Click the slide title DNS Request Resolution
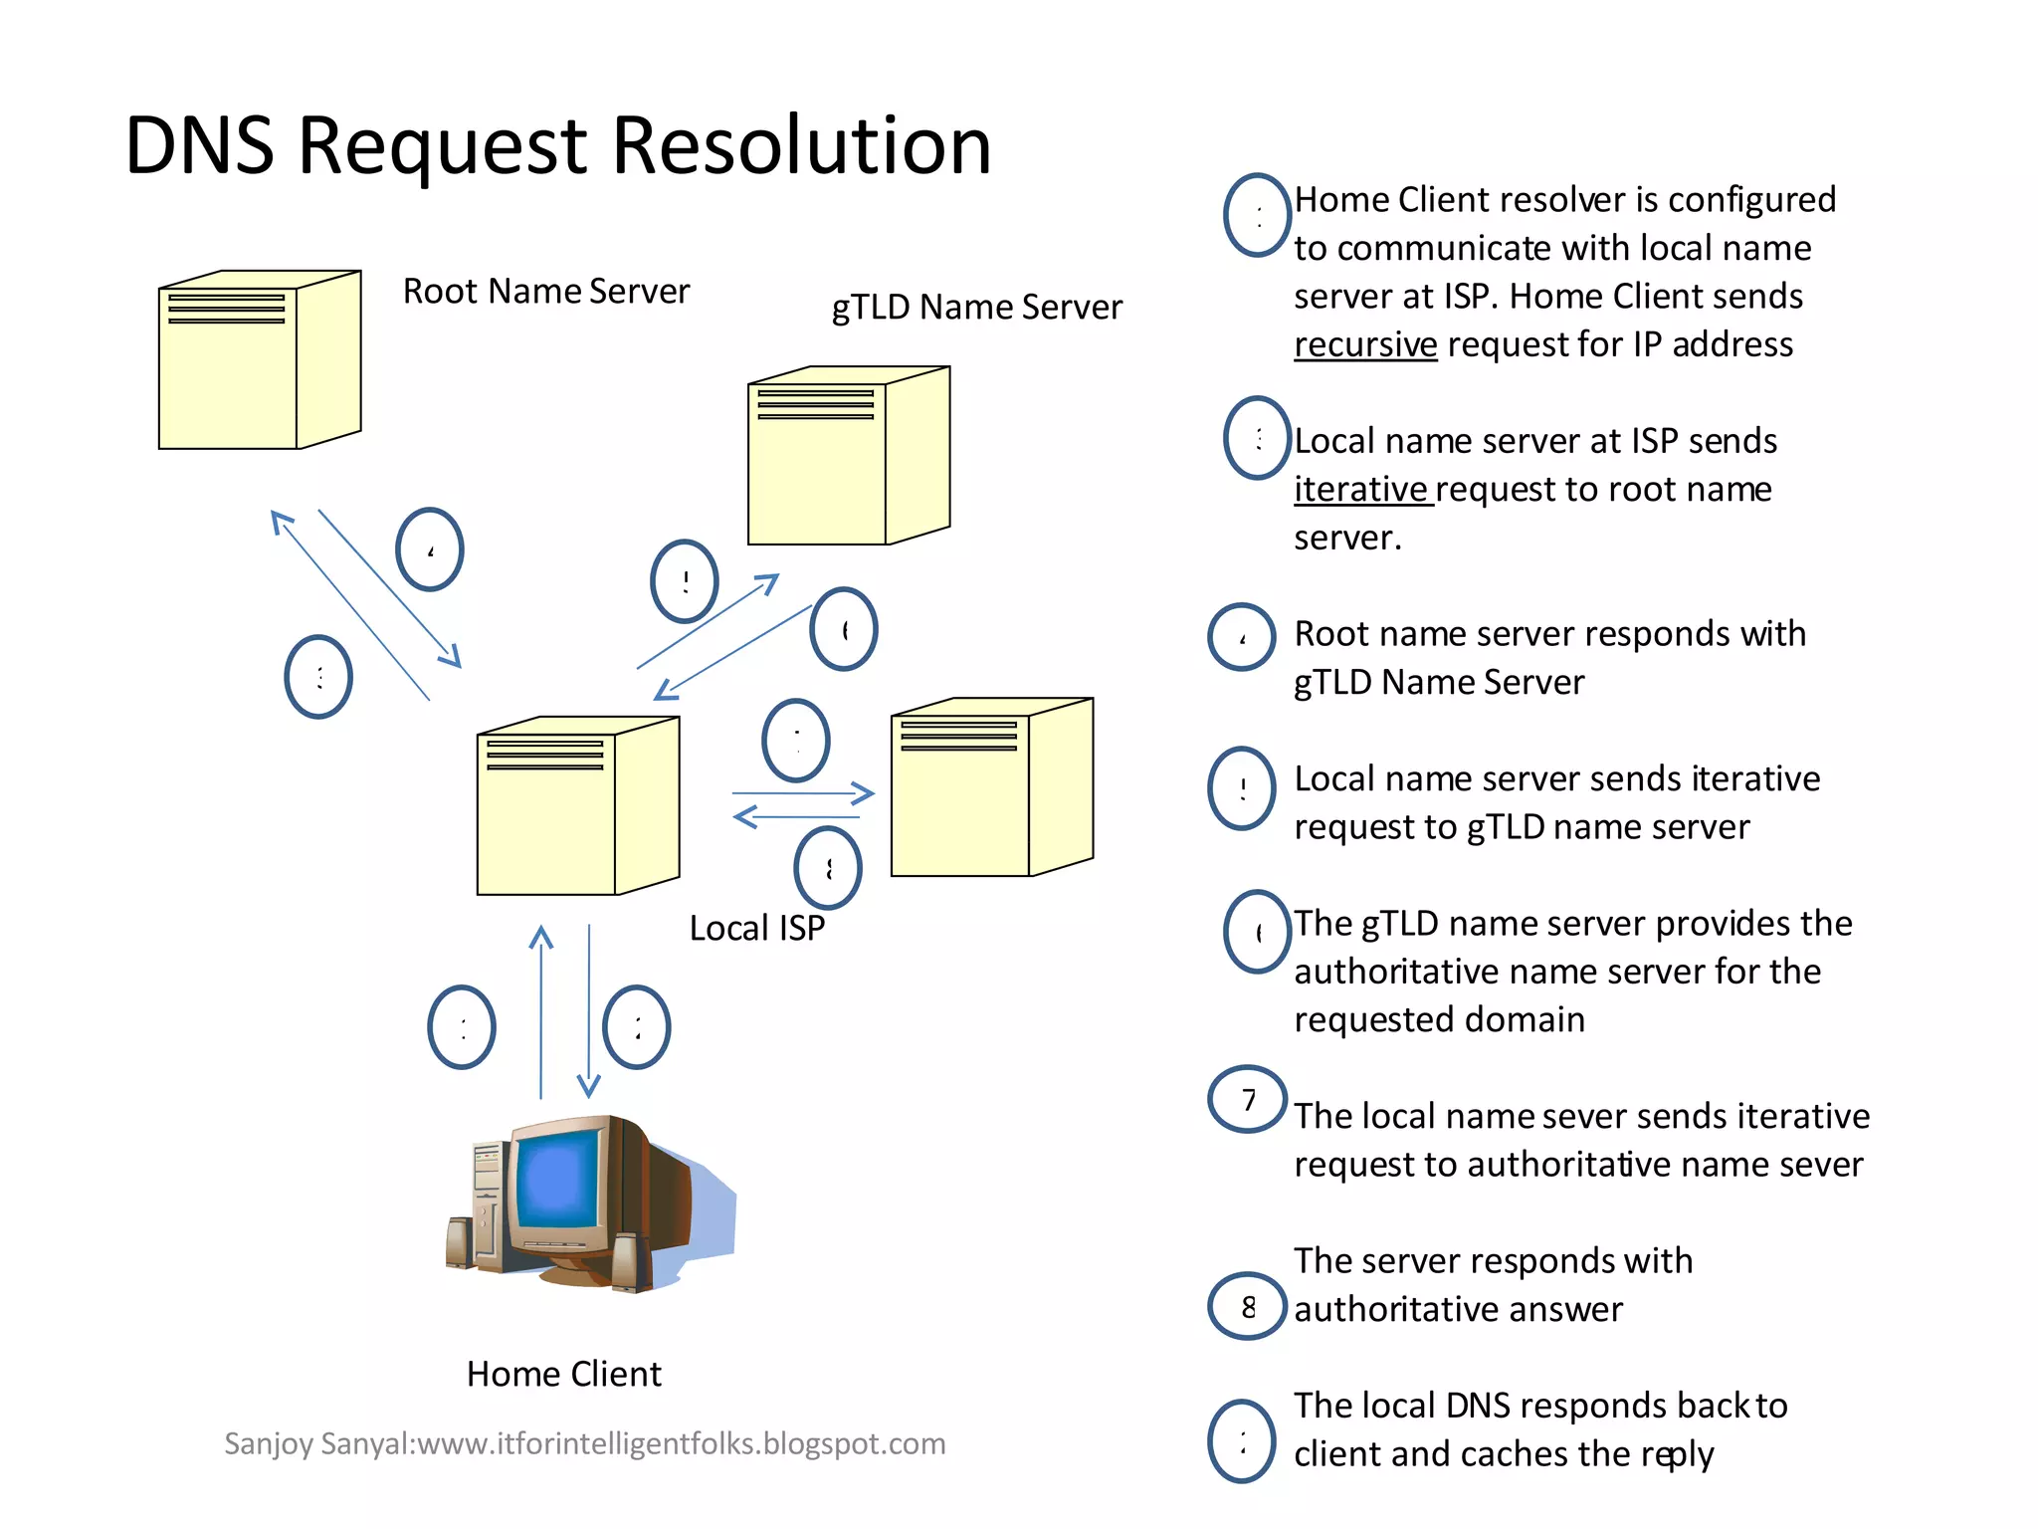tap(557, 146)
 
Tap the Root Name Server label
tap(545, 292)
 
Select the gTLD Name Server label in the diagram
tap(976, 308)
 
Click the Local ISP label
tap(756, 929)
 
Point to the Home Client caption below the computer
tap(563, 1375)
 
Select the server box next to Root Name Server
tap(259, 360)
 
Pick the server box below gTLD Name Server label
tap(848, 456)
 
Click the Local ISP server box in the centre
tap(577, 806)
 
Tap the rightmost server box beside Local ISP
tap(991, 787)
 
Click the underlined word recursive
tap(1364, 344)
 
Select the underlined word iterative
tap(1360, 490)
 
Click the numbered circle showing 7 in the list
tap(1248, 1100)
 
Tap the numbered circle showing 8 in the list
tap(1248, 1307)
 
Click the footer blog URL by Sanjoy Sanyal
tap(584, 1443)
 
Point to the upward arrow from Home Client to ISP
tap(540, 1010)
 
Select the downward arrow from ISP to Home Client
tap(589, 1010)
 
